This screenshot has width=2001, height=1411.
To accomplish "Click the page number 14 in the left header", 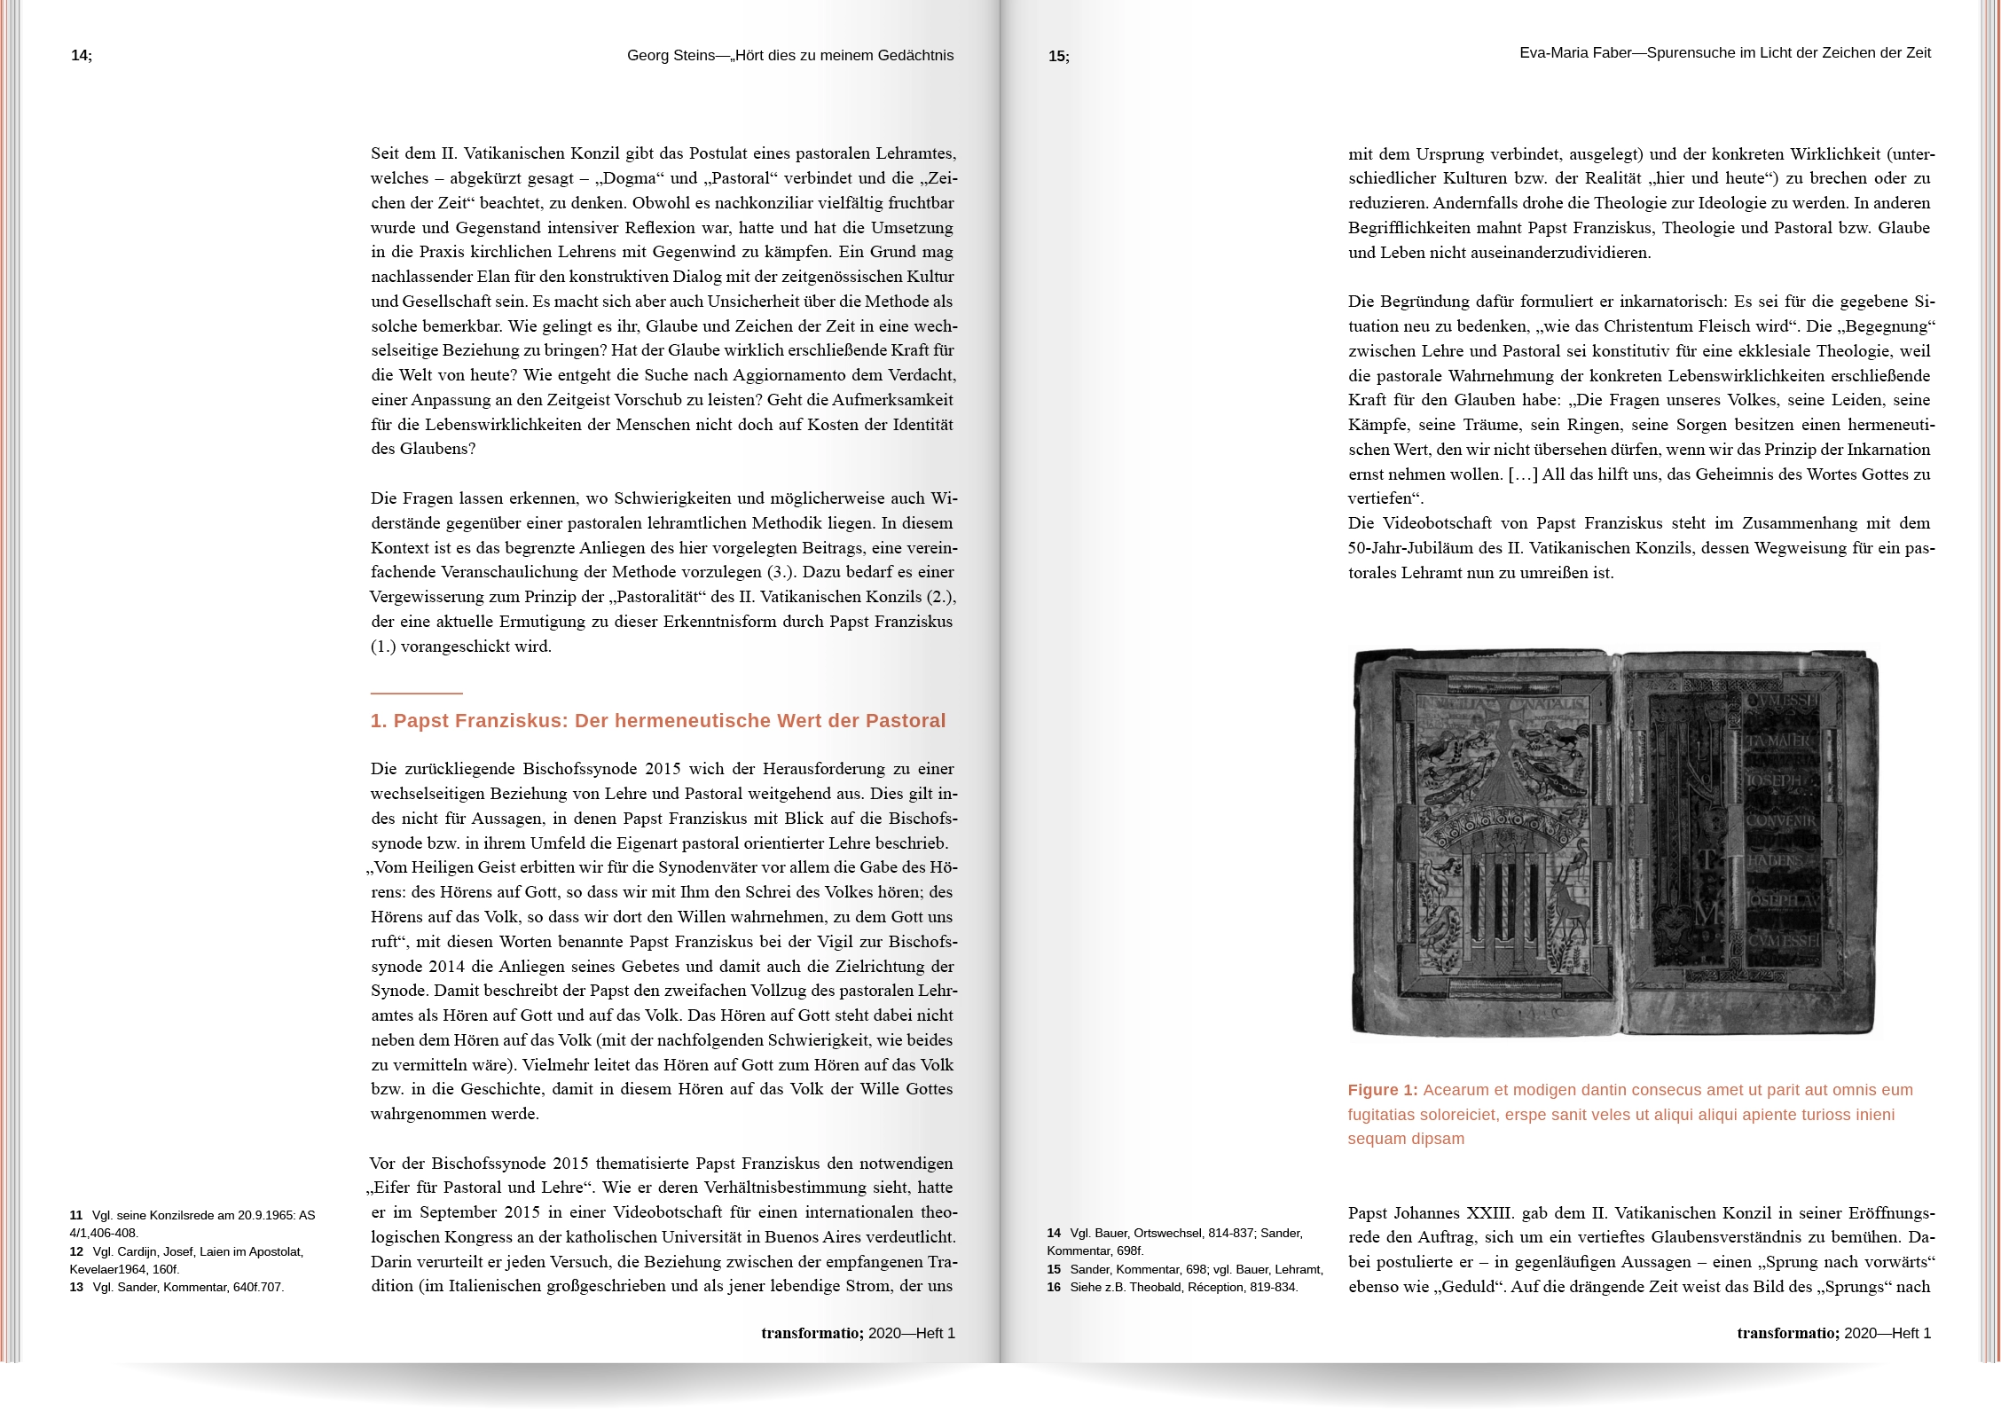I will pyautogui.click(x=80, y=56).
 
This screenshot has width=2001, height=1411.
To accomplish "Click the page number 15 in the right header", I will pyautogui.click(x=1057, y=57).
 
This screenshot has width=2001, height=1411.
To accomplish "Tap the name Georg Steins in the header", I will pyautogui.click(x=670, y=56).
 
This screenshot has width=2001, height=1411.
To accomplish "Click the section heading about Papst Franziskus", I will pyautogui.click(x=657, y=721).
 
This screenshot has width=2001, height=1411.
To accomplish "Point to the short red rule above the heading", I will pyautogui.click(x=416, y=693).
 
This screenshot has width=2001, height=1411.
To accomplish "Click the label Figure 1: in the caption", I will pyautogui.click(x=1382, y=1090).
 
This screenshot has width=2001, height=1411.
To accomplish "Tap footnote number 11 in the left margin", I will pyautogui.click(x=76, y=1216).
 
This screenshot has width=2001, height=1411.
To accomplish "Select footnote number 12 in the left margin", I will pyautogui.click(x=76, y=1252).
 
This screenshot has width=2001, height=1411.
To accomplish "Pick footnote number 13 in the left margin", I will pyautogui.click(x=76, y=1288).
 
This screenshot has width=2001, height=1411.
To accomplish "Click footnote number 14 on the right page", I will pyautogui.click(x=1054, y=1234).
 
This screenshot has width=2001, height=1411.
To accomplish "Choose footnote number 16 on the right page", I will pyautogui.click(x=1054, y=1288).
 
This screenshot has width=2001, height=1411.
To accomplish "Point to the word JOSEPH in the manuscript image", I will pyautogui.click(x=1774, y=780).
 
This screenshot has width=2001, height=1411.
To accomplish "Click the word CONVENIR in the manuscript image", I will pyautogui.click(x=1781, y=820).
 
